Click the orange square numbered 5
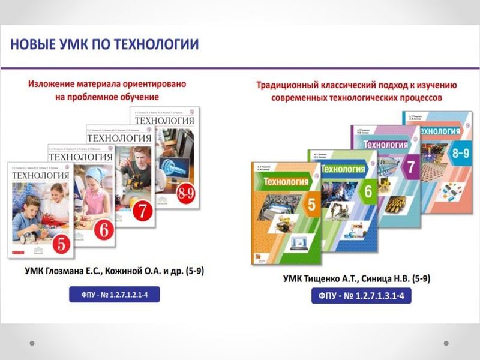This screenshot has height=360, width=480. point(311,205)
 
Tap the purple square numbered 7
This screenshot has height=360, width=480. point(411,166)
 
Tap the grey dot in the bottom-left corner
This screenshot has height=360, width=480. point(32,343)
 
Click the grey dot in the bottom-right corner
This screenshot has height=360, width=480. point(446,343)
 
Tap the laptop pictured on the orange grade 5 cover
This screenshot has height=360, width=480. point(298,244)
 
